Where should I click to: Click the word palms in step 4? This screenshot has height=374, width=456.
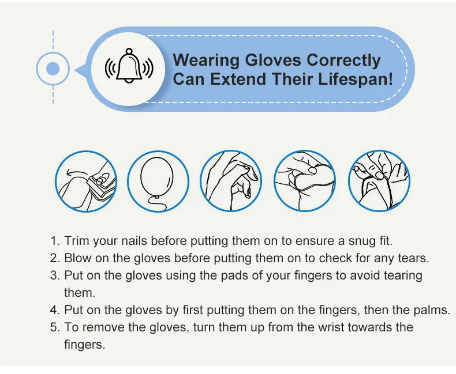[x=433, y=310]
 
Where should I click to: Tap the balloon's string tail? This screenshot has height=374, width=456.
[x=155, y=201]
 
